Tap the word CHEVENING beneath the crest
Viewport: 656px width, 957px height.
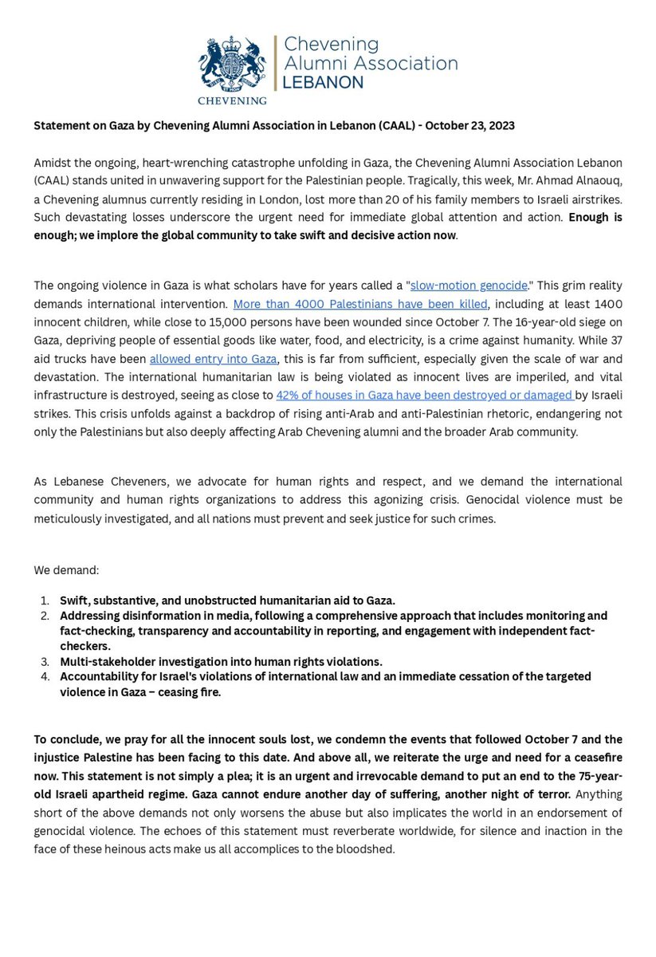(x=232, y=100)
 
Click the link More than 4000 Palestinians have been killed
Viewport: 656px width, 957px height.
(x=360, y=304)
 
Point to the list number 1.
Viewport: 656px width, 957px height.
(x=45, y=601)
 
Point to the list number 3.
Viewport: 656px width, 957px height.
(x=45, y=662)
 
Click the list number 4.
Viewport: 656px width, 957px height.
(x=45, y=677)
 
